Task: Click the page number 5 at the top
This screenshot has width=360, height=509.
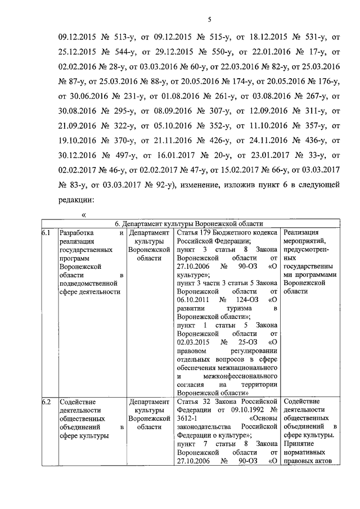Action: (209, 21)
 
